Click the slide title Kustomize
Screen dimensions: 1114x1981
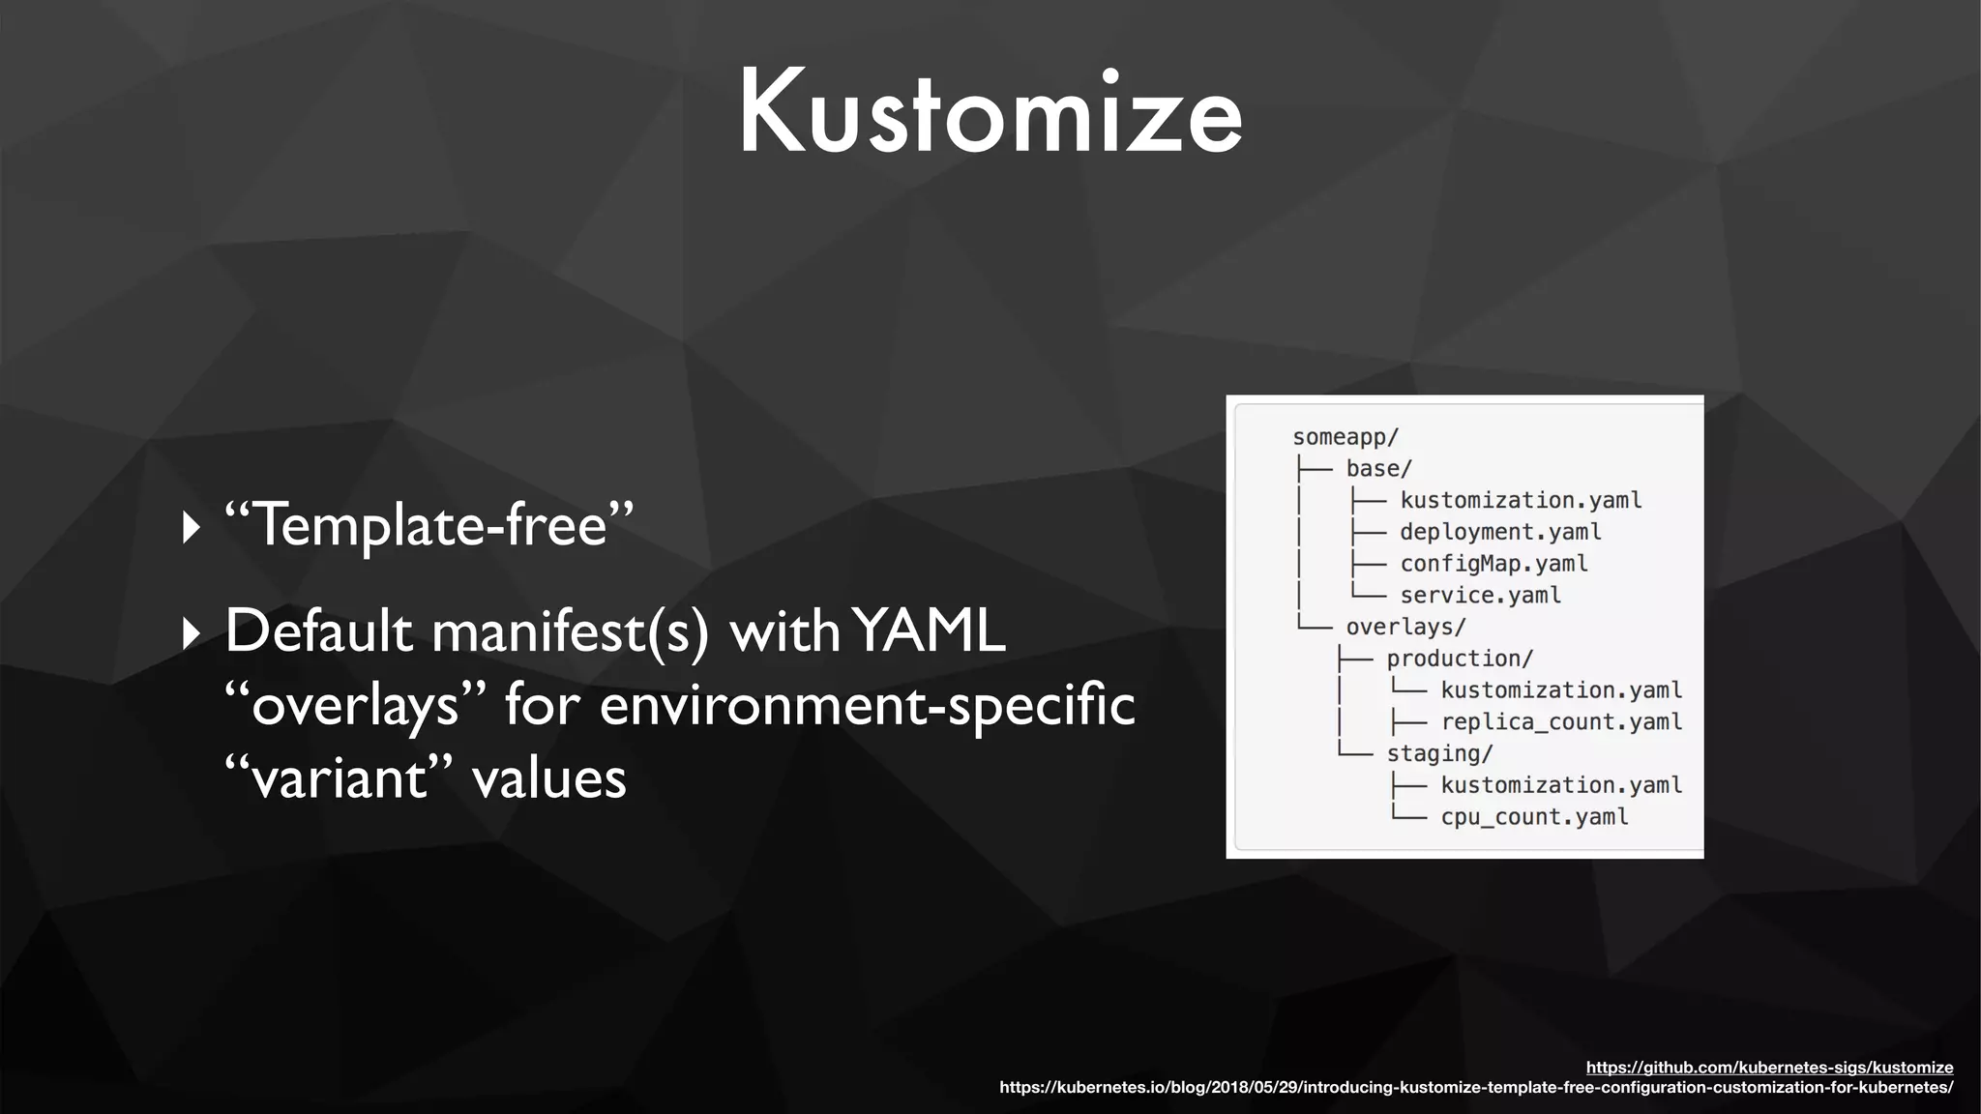990,113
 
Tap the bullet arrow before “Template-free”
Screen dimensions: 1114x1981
192,528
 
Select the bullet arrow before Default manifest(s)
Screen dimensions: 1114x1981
192,633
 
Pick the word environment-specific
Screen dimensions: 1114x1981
867,704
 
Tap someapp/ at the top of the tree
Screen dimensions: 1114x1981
1345,437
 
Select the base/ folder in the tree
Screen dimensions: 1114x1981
1378,469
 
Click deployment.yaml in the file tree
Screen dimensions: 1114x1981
1500,532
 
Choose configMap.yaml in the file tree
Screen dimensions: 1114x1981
1493,564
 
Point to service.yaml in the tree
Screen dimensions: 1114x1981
1480,596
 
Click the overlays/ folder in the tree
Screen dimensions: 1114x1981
1405,627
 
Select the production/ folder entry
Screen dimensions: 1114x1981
1460,659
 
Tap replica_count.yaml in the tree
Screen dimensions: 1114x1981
1561,722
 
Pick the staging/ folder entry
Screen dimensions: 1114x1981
1439,753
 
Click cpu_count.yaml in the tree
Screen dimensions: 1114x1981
1534,817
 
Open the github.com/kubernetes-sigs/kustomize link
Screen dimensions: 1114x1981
1769,1068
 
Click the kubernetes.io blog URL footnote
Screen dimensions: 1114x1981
1476,1088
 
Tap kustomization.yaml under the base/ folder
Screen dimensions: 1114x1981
1521,501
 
